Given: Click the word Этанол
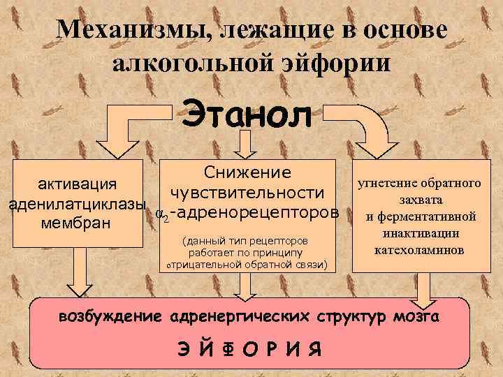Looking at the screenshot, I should point(247,114).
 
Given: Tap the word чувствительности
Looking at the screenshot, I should point(247,192).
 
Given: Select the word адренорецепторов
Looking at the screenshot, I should point(255,212).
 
